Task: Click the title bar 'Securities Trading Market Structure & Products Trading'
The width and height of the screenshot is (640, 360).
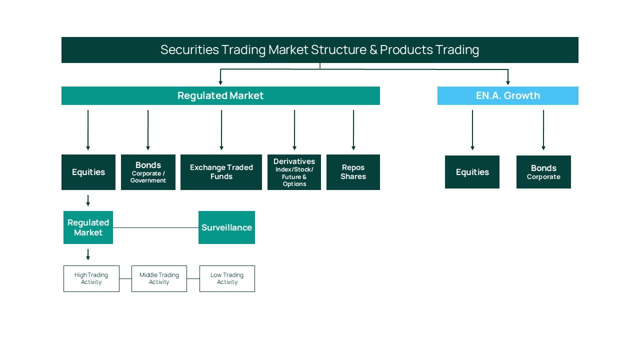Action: (x=319, y=50)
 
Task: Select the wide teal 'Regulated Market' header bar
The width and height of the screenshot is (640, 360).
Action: (x=220, y=95)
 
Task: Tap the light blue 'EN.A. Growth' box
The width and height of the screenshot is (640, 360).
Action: (x=507, y=95)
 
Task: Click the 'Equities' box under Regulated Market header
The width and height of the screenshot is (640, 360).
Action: (x=88, y=172)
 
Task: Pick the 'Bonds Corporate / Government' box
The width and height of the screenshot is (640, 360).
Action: (x=148, y=172)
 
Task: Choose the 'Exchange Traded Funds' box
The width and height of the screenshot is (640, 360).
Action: (x=221, y=172)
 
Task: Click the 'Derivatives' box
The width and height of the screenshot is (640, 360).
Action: (x=294, y=172)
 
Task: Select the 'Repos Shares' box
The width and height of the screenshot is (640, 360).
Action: (x=353, y=172)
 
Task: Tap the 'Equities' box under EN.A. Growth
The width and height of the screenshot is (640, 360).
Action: (x=472, y=172)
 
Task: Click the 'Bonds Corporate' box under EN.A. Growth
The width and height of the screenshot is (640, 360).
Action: (x=543, y=172)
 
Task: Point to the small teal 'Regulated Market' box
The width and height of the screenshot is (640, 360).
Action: (x=88, y=227)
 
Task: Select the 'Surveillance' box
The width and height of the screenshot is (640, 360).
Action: (x=226, y=227)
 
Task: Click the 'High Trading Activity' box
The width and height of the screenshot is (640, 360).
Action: (x=91, y=278)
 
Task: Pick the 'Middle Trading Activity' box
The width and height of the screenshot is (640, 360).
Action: (x=159, y=278)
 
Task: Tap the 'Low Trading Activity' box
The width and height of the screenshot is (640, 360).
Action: (x=227, y=278)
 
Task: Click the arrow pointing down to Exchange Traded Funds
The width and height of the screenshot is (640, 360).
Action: (x=221, y=130)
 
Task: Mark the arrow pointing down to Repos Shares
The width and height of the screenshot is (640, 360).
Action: (x=353, y=130)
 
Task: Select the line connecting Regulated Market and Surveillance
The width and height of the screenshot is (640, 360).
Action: (x=155, y=228)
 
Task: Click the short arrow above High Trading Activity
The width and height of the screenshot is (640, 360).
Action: (x=88, y=254)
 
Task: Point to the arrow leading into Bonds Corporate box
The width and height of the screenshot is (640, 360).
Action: (x=543, y=130)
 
